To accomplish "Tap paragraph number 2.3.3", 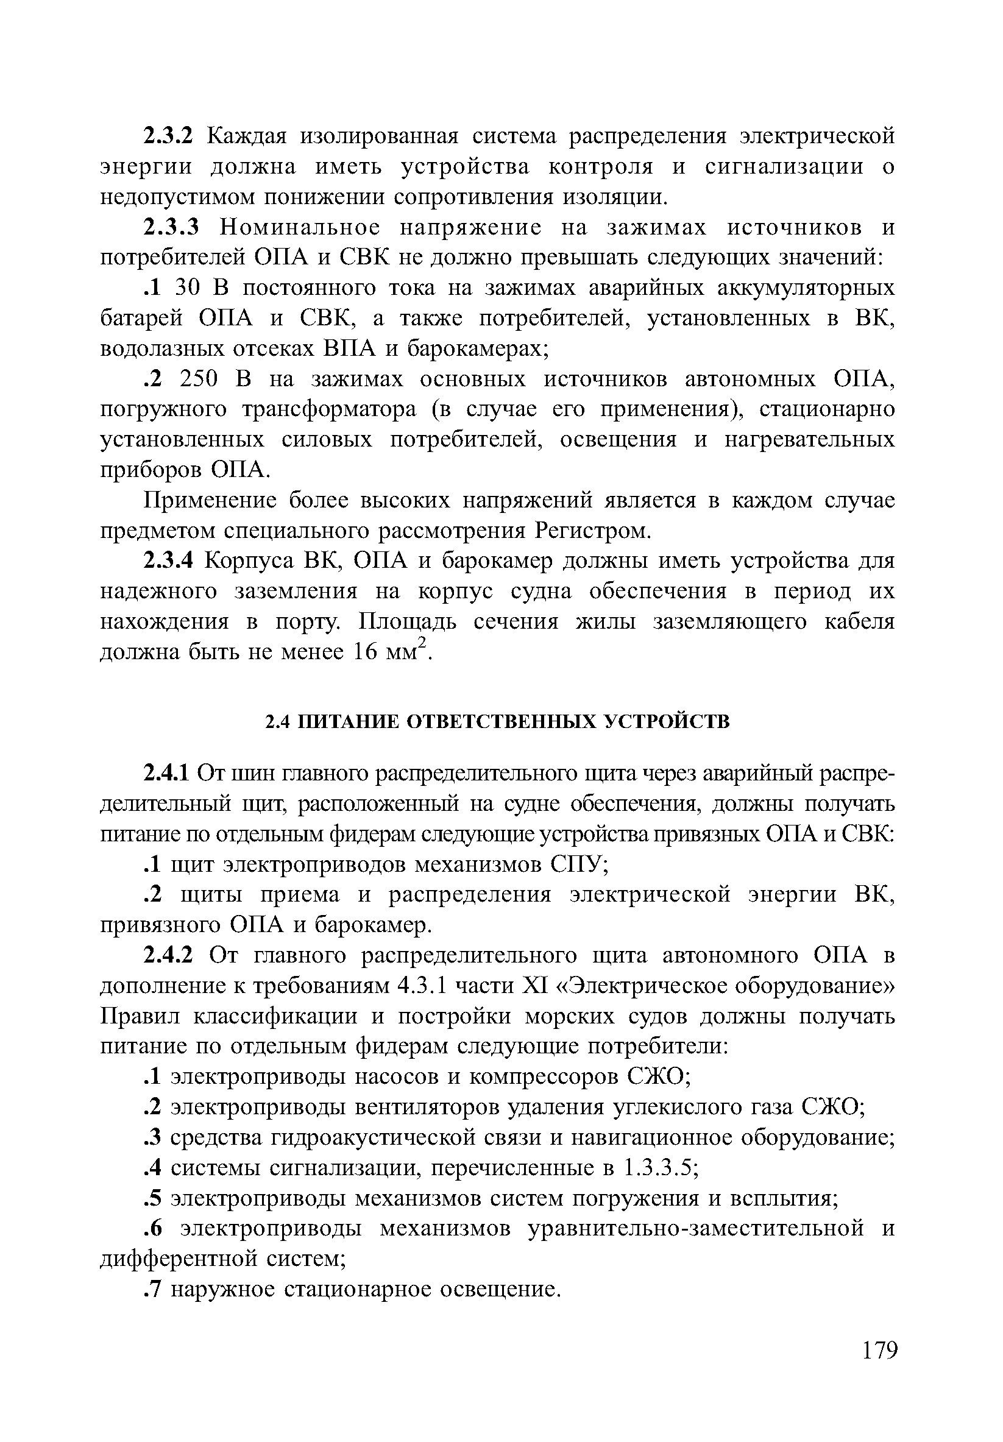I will pos(171,227).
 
